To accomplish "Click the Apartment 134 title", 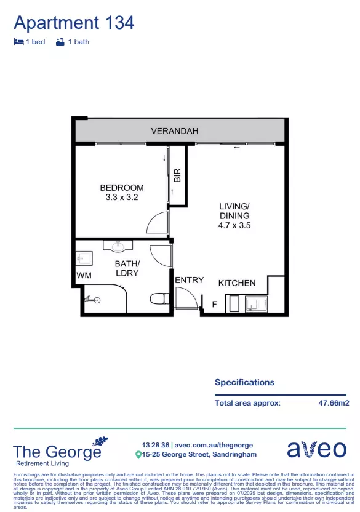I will coord(74,23).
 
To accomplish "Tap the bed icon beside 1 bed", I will coord(18,42).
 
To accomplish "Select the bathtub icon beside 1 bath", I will coord(60,42).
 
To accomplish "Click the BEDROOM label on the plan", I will coord(122,188).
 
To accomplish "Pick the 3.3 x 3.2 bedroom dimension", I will coord(122,198).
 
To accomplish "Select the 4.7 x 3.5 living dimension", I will coord(234,225).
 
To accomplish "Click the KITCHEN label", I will coord(237,283).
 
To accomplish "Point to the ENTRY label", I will coord(189,280).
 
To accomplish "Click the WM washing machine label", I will coord(84,274).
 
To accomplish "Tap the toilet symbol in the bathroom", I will coord(159,299).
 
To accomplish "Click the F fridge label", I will coord(214,304).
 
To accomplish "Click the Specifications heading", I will coord(244,382).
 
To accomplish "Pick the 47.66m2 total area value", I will coord(334,403).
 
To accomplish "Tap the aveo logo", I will coord(316,449).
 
